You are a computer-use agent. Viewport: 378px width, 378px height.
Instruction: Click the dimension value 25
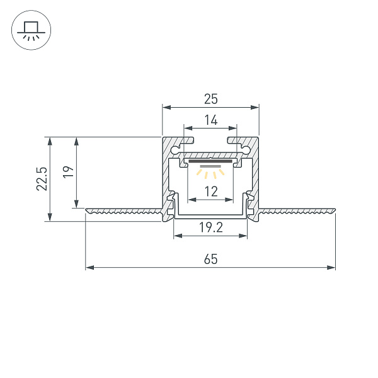pyautogui.click(x=211, y=98)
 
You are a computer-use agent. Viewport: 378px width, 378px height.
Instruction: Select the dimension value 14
pyautogui.click(x=211, y=120)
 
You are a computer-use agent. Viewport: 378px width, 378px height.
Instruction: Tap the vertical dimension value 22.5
pyautogui.click(x=41, y=179)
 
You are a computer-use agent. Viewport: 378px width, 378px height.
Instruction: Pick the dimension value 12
pyautogui.click(x=211, y=192)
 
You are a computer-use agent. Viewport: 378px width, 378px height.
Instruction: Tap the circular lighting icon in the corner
pyautogui.click(x=30, y=30)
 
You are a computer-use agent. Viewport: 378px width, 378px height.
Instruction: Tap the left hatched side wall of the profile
pyautogui.click(x=167, y=170)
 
